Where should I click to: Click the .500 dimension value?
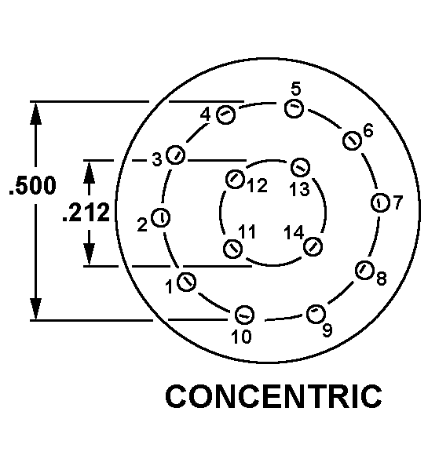pyautogui.click(x=32, y=185)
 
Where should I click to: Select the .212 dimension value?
pyautogui.click(x=86, y=212)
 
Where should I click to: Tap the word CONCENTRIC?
pyautogui.click(x=273, y=396)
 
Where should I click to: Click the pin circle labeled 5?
pyautogui.click(x=294, y=108)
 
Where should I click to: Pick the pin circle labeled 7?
pyautogui.click(x=380, y=202)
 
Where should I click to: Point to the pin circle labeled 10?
pyautogui.click(x=244, y=315)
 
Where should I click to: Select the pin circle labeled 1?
pyautogui.click(x=187, y=282)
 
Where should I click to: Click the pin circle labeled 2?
pyautogui.click(x=160, y=217)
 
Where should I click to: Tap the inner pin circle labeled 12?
pyautogui.click(x=235, y=179)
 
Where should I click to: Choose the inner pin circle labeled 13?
pyautogui.click(x=300, y=167)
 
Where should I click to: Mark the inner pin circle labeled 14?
pyautogui.click(x=313, y=246)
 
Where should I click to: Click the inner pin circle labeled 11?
pyautogui.click(x=233, y=249)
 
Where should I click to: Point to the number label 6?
pyautogui.click(x=368, y=130)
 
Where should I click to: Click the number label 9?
pyautogui.click(x=327, y=330)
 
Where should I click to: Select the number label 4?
pyautogui.click(x=205, y=115)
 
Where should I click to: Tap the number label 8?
pyautogui.click(x=381, y=278)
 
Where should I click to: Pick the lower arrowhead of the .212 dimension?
pyautogui.click(x=89, y=254)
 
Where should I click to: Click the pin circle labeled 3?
pyautogui.click(x=175, y=155)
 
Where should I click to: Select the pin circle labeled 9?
pyautogui.click(x=316, y=314)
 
